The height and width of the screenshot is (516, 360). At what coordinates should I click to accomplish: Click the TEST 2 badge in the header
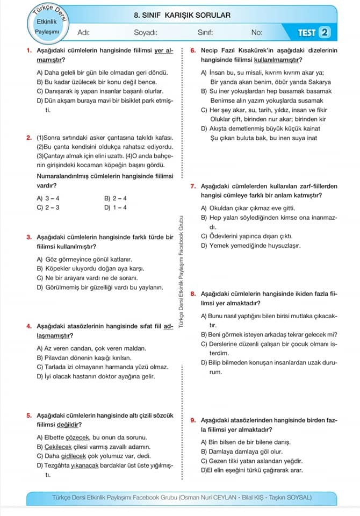coord(313,33)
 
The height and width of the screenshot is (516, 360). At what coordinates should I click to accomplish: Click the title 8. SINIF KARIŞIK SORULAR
coord(182,16)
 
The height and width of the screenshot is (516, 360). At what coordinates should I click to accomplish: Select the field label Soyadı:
coord(145,33)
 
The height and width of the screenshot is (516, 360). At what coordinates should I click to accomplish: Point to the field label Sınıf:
coord(205,33)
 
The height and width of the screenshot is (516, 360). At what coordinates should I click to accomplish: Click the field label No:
coord(257,33)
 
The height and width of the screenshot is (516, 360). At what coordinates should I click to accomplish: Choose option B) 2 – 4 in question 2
coord(116,198)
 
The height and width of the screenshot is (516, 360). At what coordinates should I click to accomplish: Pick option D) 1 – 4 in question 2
coord(116,207)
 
